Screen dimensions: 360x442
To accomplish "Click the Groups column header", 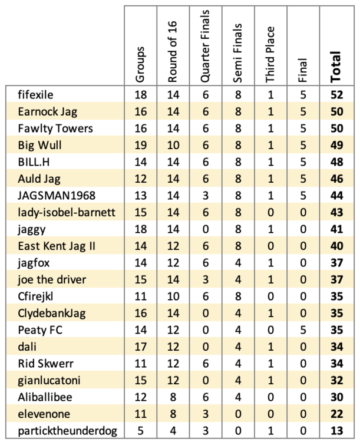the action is (x=140, y=65).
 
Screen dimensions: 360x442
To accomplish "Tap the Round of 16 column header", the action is (x=173, y=52).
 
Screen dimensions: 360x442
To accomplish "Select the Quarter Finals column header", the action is (x=205, y=46).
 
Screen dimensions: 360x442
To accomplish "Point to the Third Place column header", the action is (x=270, y=55).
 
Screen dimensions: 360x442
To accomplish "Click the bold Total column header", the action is (x=335, y=67).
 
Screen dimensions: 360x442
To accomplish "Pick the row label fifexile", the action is (x=35, y=95).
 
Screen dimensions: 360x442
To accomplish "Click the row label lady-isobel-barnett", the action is (x=67, y=212).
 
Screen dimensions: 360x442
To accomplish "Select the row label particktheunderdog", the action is (x=67, y=431).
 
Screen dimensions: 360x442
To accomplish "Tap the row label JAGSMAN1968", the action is (x=57, y=196).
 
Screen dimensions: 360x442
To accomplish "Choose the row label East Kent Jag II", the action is (x=57, y=246).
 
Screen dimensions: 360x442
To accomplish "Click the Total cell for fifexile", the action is (x=337, y=95).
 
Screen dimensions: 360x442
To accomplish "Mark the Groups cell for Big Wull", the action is (x=141, y=145).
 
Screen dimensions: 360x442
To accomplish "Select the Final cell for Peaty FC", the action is (x=303, y=330).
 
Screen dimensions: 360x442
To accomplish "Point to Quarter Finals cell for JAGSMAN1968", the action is (x=206, y=196).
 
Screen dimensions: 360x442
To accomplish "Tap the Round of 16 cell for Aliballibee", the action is (x=173, y=397).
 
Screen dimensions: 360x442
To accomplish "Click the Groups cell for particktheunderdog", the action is (x=140, y=431).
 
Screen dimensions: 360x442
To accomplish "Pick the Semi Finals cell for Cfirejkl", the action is (x=238, y=296).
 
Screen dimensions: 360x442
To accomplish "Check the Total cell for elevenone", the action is (x=337, y=414).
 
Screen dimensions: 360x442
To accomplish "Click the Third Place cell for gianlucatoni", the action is (x=270, y=381).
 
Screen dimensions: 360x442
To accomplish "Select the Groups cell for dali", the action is (x=141, y=347).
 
